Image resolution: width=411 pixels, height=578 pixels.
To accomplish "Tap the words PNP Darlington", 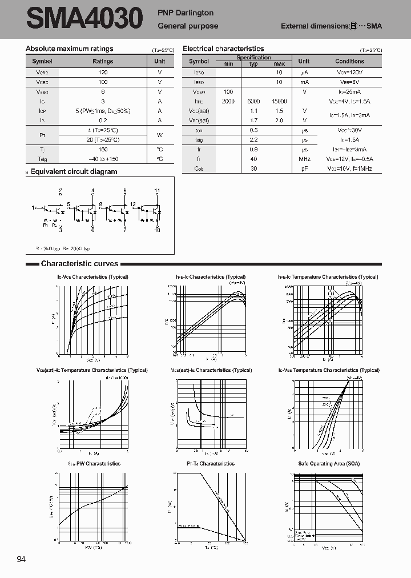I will tap(186, 13).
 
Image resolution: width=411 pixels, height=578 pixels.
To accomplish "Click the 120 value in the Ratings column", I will tap(103, 73).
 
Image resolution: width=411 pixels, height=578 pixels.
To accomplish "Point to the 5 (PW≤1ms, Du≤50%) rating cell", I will tap(103, 111).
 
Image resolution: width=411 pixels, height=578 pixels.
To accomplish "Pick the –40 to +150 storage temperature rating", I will tap(103, 159).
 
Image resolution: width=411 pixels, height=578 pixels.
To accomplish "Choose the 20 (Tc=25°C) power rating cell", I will tap(103, 139).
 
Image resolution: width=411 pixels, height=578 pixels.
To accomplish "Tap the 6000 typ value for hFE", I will tap(253, 101).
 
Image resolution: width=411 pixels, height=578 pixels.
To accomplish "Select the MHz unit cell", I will tap(304, 159).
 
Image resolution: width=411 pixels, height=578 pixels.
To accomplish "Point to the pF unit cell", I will tap(304, 168).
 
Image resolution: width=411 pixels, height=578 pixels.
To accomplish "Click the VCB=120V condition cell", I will tap(349, 73).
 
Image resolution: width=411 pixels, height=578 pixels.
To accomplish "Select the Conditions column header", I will tap(349, 61).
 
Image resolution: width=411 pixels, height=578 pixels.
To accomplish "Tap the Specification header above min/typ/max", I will tap(253, 58).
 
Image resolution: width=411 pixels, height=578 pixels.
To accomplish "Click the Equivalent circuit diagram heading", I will tap(74, 171).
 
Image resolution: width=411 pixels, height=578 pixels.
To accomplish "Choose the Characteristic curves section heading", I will tap(79, 264).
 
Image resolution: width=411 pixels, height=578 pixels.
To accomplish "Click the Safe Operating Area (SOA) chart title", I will tap(329, 464).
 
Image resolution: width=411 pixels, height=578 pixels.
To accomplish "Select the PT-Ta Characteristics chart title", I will tap(210, 464).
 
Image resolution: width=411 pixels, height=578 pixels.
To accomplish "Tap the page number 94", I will tap(22, 559).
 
